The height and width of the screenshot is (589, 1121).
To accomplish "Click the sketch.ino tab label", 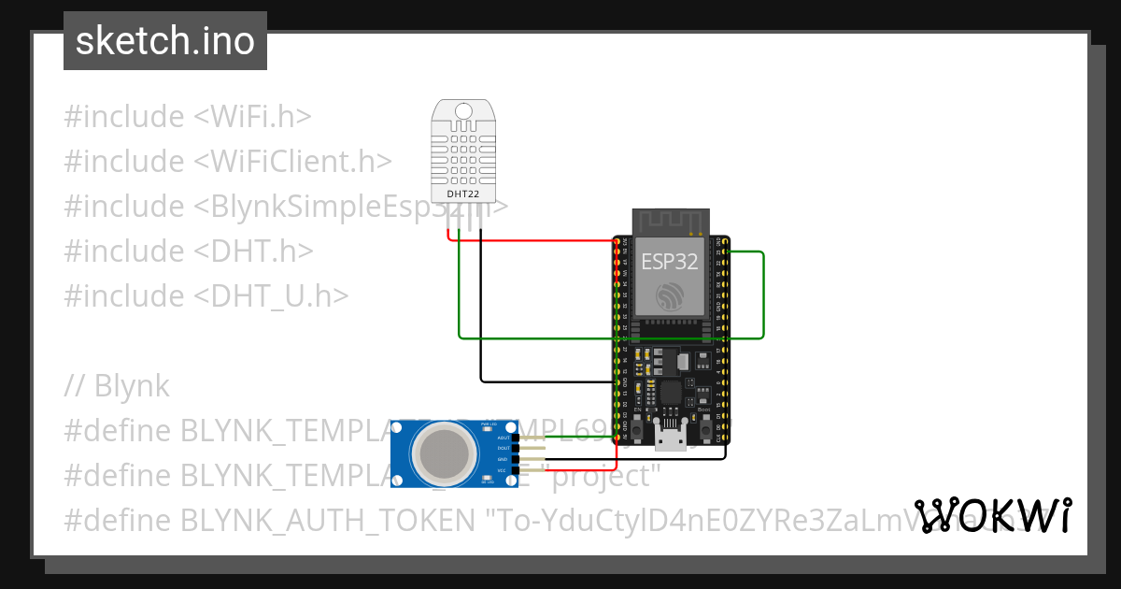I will [165, 41].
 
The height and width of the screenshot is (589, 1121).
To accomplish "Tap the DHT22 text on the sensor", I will [463, 194].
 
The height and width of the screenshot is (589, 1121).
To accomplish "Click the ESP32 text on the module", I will [670, 261].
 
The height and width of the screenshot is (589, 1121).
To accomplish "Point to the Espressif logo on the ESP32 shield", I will [670, 296].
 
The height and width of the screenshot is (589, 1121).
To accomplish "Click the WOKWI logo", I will [992, 515].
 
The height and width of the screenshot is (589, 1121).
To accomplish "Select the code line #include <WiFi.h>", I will [187, 117].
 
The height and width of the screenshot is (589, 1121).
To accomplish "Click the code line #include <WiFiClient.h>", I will [227, 161].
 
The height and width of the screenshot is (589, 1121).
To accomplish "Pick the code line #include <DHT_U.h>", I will [206, 295].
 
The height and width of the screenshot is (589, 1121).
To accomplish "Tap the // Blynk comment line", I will [117, 385].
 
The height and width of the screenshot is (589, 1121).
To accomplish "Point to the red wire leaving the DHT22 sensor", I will [532, 240].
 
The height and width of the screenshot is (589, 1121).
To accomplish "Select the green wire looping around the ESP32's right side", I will [763, 294].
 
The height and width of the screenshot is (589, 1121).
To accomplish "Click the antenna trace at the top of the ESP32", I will [669, 222].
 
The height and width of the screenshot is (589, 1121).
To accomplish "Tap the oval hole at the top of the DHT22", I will [463, 112].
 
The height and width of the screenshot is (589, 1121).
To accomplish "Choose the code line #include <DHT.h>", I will [188, 251].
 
